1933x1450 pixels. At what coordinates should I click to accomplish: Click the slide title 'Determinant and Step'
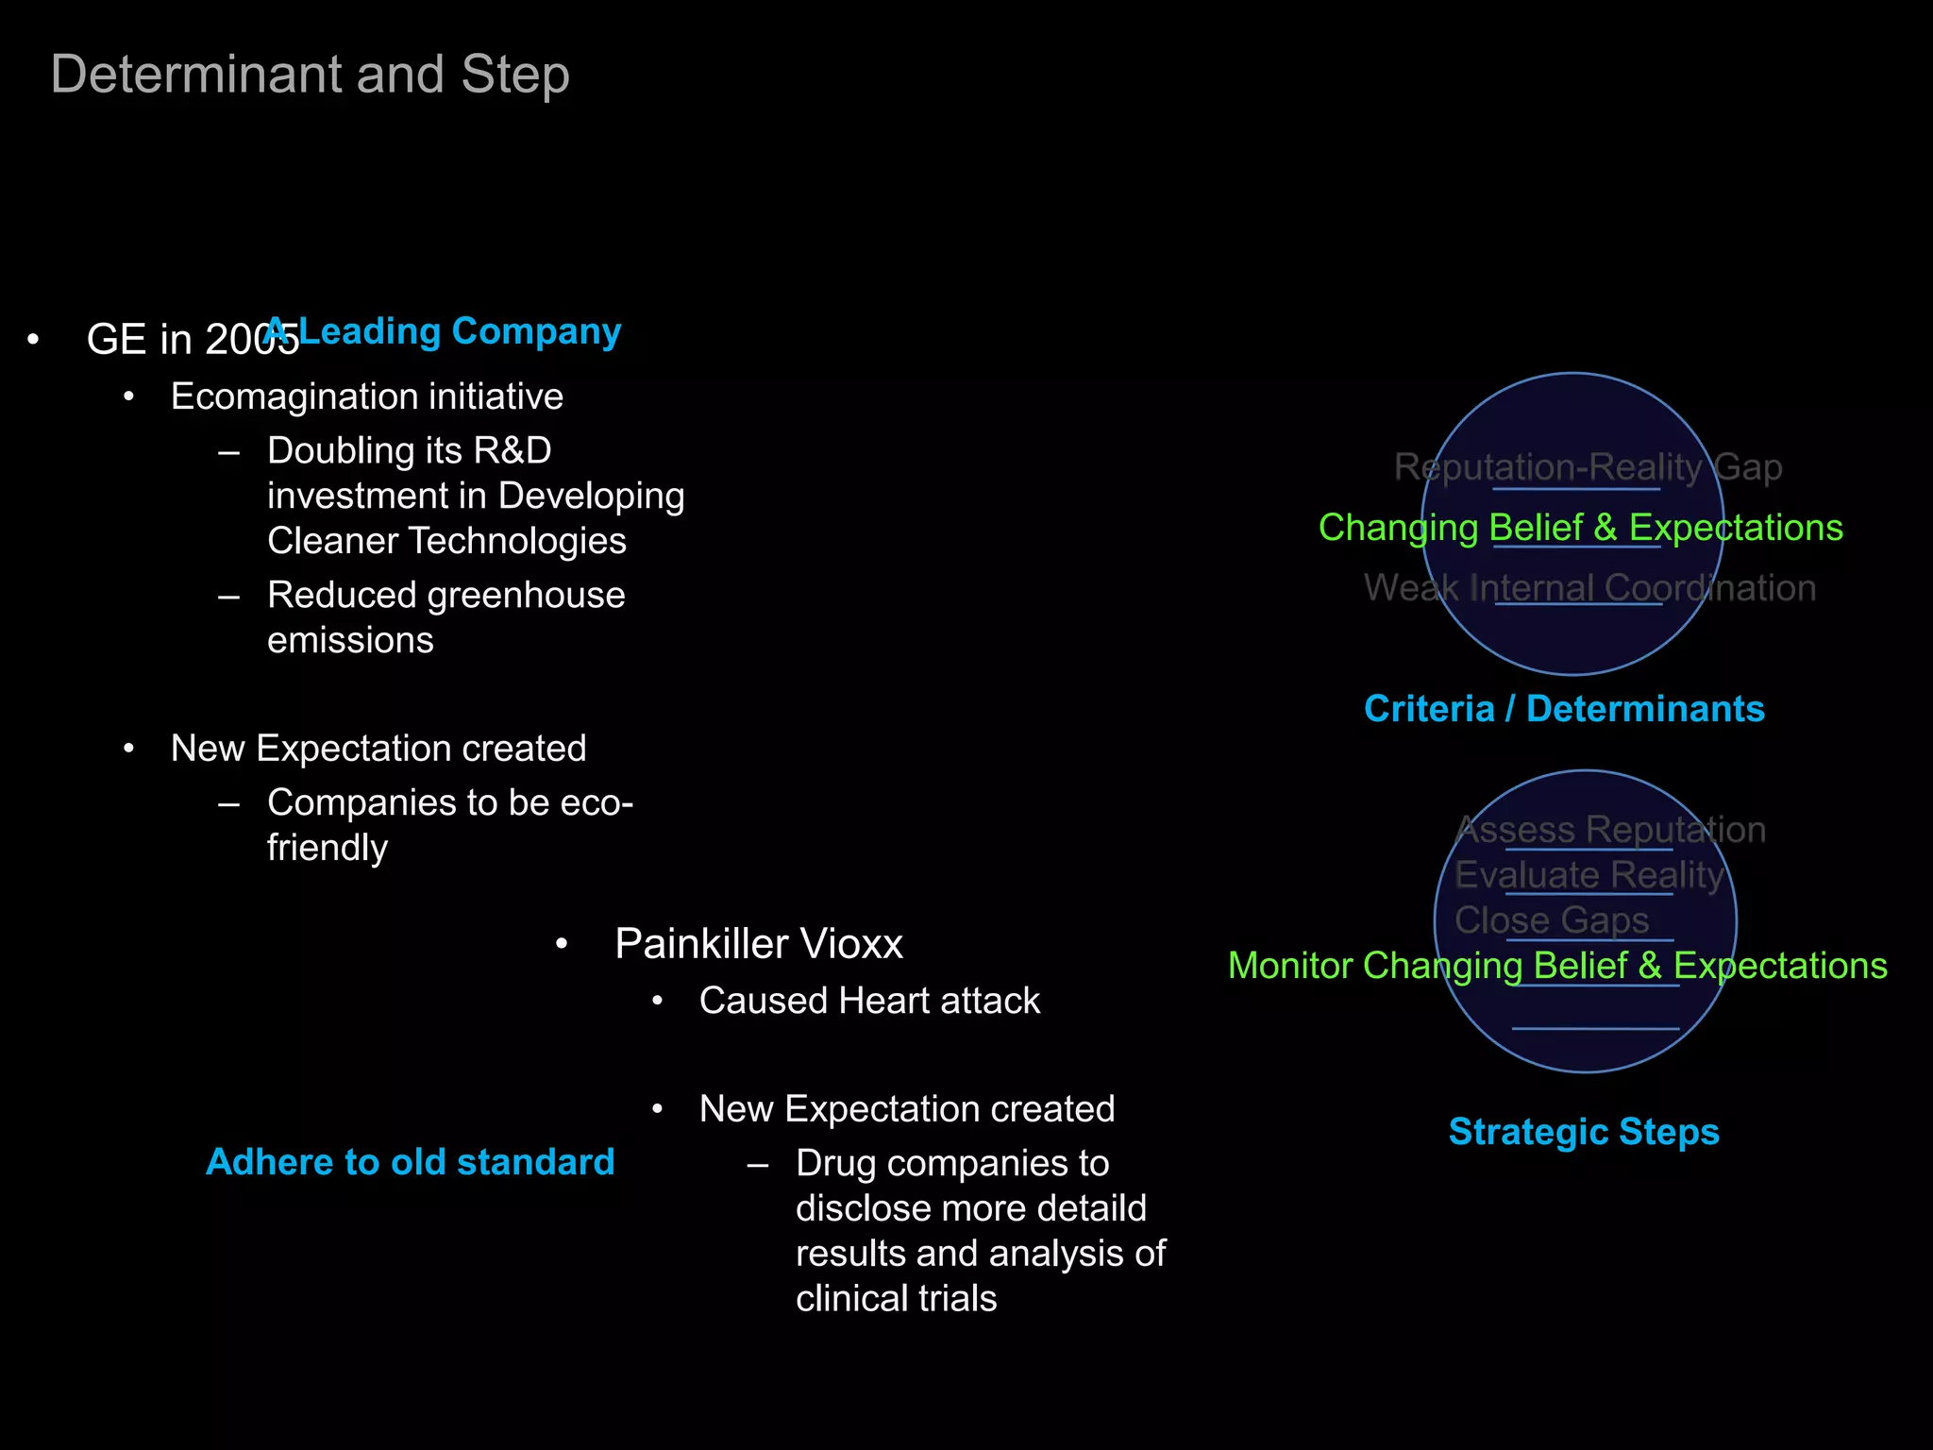[310, 75]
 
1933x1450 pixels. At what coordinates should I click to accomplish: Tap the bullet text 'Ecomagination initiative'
[366, 396]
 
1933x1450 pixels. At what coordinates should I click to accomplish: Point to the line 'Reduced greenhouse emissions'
[445, 617]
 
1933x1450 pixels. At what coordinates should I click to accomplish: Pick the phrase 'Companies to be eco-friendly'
[449, 824]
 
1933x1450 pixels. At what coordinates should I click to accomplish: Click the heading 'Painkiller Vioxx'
[758, 944]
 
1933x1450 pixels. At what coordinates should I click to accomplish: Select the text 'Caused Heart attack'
[868, 1001]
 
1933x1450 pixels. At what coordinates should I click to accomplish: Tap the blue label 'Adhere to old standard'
[410, 1162]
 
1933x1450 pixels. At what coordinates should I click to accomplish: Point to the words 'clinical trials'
[896, 1299]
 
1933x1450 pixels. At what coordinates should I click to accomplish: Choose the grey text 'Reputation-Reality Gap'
[1588, 467]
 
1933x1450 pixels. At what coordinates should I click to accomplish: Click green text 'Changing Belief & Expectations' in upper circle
[1580, 528]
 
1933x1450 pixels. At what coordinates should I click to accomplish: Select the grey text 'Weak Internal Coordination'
[1589, 588]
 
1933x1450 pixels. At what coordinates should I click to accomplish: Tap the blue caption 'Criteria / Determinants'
[1564, 709]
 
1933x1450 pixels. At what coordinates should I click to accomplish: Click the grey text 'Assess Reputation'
[1610, 830]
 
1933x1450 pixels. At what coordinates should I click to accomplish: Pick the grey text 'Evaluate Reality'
[1589, 875]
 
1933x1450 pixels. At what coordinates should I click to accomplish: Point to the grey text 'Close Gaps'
[1551, 920]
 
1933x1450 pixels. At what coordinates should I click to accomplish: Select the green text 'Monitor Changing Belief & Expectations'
[1557, 966]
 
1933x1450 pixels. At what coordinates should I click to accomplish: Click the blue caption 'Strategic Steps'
[1584, 1132]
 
